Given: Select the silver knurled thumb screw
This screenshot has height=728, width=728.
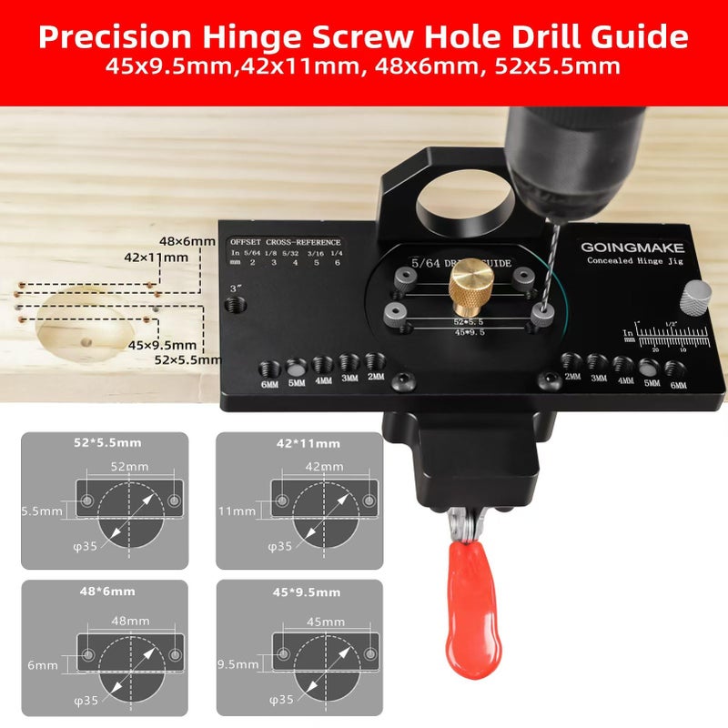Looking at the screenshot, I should click(x=697, y=297).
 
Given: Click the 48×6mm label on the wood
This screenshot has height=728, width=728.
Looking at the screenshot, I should click(x=187, y=241).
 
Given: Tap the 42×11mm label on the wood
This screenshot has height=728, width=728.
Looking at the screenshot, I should click(x=157, y=258).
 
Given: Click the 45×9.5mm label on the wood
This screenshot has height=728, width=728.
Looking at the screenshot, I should click(x=163, y=345).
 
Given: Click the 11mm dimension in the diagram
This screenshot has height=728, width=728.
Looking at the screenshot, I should click(x=238, y=511).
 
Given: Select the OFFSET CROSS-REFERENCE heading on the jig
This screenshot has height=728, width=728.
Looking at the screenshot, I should click(x=285, y=242).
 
